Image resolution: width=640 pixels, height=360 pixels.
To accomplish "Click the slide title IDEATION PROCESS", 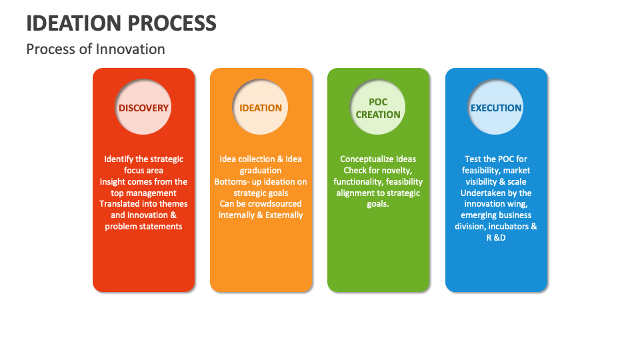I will (121, 23).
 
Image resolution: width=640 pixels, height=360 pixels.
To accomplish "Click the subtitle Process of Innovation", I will (95, 49).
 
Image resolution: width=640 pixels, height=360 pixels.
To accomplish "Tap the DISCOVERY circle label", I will (143, 108).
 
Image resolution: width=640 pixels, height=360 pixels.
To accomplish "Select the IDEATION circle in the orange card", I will (261, 108).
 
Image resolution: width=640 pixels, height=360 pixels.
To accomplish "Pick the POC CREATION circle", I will (378, 108).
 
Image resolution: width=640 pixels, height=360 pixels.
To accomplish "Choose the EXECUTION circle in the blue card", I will (496, 108).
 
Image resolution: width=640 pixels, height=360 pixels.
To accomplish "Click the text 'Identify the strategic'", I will (143, 159).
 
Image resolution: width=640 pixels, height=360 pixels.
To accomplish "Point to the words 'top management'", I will (143, 193).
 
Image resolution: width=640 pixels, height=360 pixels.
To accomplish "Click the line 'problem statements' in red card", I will (143, 227).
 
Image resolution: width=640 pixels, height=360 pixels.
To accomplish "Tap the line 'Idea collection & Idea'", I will (261, 159).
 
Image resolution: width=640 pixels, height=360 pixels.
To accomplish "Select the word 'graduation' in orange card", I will (261, 171).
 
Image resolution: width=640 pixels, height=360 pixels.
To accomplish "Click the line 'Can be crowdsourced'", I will (261, 204).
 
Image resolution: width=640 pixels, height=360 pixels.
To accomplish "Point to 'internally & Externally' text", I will (261, 215).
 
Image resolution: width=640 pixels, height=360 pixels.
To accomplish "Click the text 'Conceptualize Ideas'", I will (378, 159).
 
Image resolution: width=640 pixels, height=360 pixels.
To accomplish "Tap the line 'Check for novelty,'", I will (378, 171).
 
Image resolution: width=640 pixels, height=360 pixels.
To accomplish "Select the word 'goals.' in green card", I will (378, 204).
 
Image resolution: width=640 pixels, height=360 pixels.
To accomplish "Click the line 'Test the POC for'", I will (496, 159).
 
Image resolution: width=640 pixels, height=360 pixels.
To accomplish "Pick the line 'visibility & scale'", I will (496, 182).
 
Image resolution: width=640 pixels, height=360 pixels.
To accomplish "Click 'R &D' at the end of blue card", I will (496, 238).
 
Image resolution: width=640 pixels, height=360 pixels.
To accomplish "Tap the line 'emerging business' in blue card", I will (496, 215).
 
